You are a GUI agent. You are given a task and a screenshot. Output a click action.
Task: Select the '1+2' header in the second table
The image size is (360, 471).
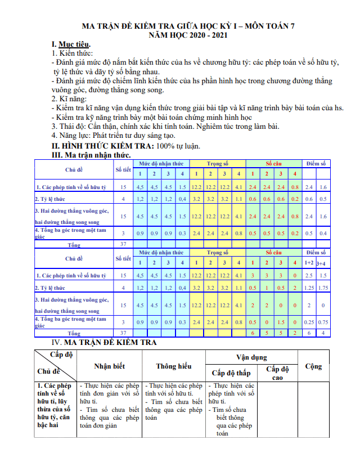309,263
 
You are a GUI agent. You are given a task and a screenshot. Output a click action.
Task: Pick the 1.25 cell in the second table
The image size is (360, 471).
309,288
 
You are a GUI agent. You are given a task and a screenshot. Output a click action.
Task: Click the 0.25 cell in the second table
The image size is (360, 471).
309,322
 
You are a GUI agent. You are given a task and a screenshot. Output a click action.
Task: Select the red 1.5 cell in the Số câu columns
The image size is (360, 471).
281,322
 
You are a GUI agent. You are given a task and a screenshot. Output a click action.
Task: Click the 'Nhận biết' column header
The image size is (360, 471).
109,366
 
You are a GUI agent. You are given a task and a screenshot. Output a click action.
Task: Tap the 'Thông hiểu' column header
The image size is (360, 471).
174,366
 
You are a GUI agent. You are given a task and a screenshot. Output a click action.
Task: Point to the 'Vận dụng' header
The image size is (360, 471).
251,357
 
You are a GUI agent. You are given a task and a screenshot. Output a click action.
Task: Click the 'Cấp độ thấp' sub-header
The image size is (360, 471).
231,373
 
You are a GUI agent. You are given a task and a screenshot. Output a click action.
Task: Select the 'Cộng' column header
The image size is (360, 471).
313,366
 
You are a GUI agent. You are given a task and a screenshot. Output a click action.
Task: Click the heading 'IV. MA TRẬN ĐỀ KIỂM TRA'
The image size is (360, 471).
104,342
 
